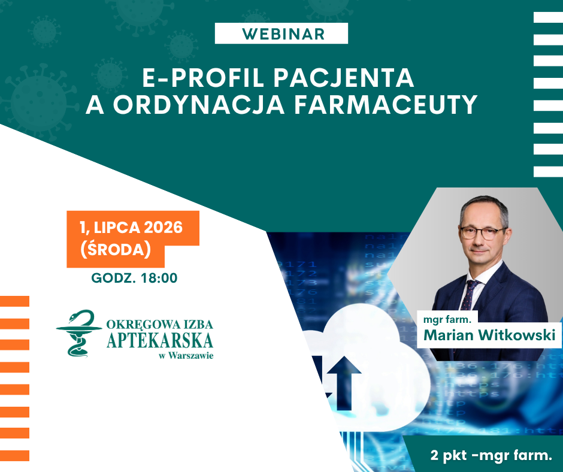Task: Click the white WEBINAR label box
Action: (x=281, y=34)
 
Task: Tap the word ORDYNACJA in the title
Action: (x=199, y=105)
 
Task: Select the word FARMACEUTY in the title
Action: (x=386, y=105)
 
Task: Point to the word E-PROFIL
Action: (x=203, y=78)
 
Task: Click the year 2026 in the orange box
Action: (x=163, y=228)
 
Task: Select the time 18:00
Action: (x=159, y=278)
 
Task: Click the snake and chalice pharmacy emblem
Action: (x=79, y=333)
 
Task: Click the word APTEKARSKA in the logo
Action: (x=160, y=341)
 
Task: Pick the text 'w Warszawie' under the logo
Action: (x=186, y=356)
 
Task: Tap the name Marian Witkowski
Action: (x=489, y=335)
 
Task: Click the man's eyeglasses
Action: (x=483, y=233)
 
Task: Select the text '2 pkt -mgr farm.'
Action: (x=491, y=455)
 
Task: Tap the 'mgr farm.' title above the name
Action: (x=447, y=319)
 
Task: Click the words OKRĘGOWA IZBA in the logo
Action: (x=160, y=325)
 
